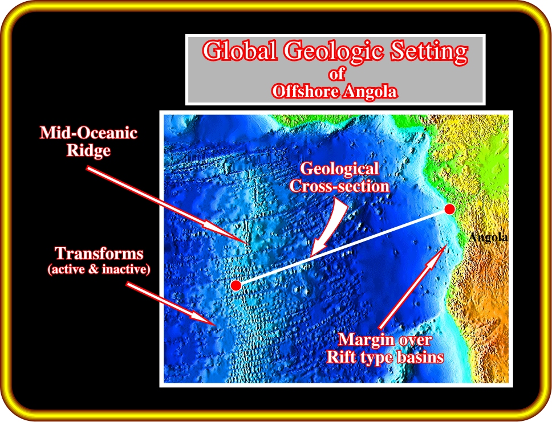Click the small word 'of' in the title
point(337,74)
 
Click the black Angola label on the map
point(488,237)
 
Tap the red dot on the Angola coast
point(449,209)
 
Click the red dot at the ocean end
point(236,285)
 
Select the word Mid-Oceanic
point(88,133)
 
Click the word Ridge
point(88,150)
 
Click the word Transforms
point(99,253)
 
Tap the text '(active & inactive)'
point(99,269)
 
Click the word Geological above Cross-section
point(339,169)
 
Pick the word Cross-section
point(339,186)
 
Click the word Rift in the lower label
point(340,357)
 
